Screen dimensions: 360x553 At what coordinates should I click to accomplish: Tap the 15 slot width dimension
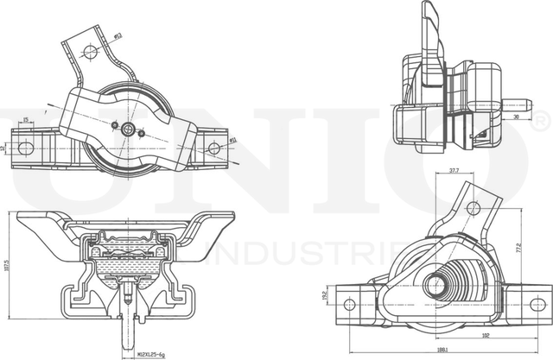pos(26,120)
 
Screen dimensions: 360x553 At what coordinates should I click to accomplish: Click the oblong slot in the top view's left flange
pos(26,148)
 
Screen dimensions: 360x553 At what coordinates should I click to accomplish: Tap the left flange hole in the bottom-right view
pos(349,303)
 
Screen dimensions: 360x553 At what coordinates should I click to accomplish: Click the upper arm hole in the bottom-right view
pos(473,208)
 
